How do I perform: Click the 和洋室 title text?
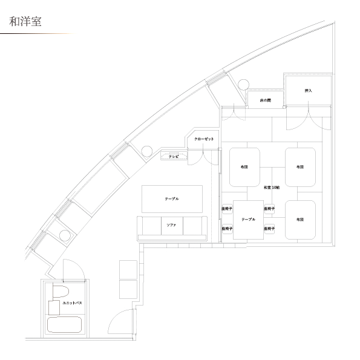point(25,22)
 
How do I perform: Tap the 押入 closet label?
point(308,91)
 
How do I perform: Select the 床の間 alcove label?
point(265,100)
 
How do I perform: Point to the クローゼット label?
point(204,139)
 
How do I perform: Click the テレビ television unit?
point(174,156)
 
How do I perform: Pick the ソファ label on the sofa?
point(171,225)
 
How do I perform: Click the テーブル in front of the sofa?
point(172,199)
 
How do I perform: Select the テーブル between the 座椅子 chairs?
point(248,220)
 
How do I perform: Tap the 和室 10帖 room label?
point(272,188)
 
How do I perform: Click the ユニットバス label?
point(72,303)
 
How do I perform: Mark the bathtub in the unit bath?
point(64,325)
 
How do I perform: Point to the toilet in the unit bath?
point(61,292)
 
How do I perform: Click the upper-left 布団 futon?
point(244,167)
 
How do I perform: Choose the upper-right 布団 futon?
point(300,167)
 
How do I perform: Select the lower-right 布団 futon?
point(300,220)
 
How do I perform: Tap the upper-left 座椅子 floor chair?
point(227,209)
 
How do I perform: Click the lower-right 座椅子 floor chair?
point(269,229)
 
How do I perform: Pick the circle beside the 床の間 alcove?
point(243,85)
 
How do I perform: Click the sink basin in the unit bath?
point(54,307)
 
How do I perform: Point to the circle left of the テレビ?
point(146,151)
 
